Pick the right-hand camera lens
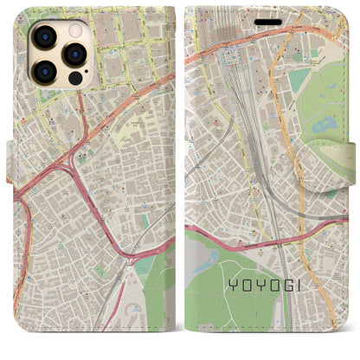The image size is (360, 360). tap(74, 54)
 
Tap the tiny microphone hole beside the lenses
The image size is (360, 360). tap(59, 54)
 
